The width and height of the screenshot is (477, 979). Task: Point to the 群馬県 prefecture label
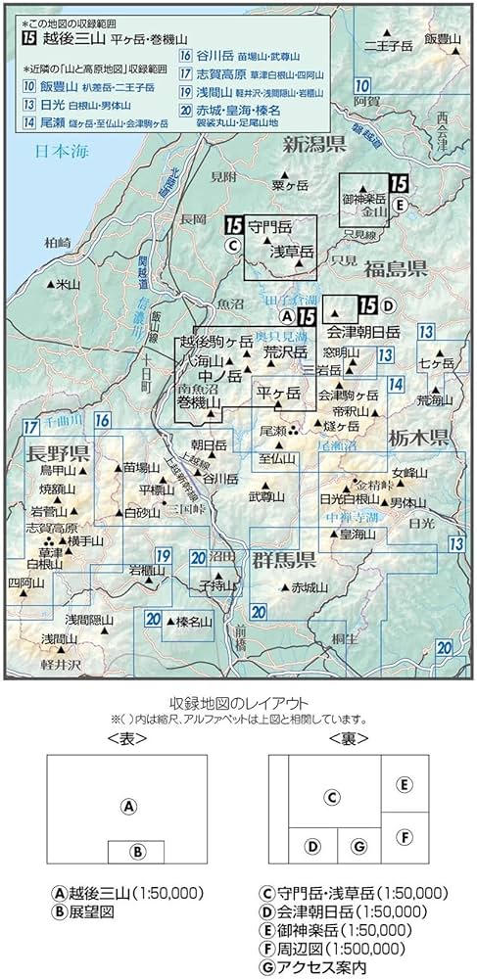tap(284, 560)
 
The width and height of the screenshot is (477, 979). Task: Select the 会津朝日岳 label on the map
tap(363, 330)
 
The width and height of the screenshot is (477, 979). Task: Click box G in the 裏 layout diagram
tap(359, 845)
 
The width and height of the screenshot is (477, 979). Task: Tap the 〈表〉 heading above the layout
tap(125, 738)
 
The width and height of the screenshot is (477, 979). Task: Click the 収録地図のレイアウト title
tap(238, 702)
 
